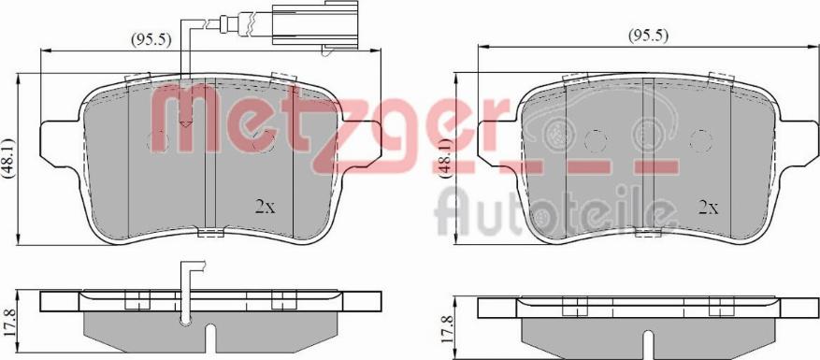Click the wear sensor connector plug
pyautogui.click(x=315, y=25)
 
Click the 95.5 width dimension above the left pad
pyautogui.click(x=151, y=39)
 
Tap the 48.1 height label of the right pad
pyautogui.click(x=446, y=159)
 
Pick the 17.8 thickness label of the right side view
pyautogui.click(x=446, y=328)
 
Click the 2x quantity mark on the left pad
pyautogui.click(x=265, y=208)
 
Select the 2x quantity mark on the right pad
pyautogui.click(x=709, y=208)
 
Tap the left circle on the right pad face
pyautogui.click(x=596, y=141)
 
